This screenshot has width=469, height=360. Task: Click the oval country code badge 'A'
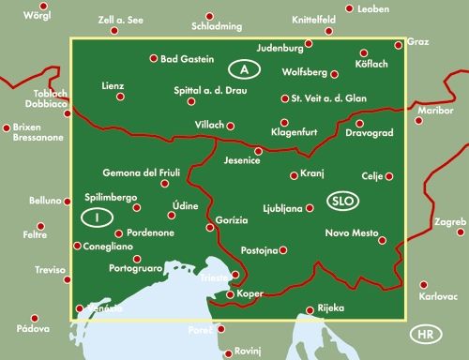244,68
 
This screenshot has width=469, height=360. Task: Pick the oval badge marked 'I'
96,217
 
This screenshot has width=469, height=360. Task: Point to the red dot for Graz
399,43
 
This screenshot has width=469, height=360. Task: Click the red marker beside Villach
231,125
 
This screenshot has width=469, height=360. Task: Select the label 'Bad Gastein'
189,59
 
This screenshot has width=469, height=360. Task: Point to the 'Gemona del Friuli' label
146,172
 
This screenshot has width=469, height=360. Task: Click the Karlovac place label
438,296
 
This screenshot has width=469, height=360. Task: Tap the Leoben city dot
349,8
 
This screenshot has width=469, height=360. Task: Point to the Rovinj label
246,352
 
